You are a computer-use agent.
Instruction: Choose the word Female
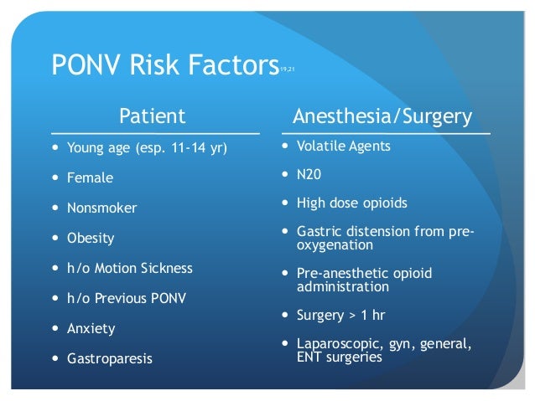[90, 178]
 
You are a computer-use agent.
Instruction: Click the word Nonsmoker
[101, 208]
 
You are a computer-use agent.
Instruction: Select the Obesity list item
[91, 239]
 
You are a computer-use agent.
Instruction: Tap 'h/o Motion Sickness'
[130, 268]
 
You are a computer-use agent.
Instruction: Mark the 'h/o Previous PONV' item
[127, 298]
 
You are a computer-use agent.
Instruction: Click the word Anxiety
[91, 328]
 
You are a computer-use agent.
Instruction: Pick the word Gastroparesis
[108, 358]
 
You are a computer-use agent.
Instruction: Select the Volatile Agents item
[343, 146]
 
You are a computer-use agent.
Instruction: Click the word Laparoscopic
[335, 344]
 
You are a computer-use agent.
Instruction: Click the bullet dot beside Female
[55, 178]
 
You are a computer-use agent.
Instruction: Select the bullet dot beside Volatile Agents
[286, 146]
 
